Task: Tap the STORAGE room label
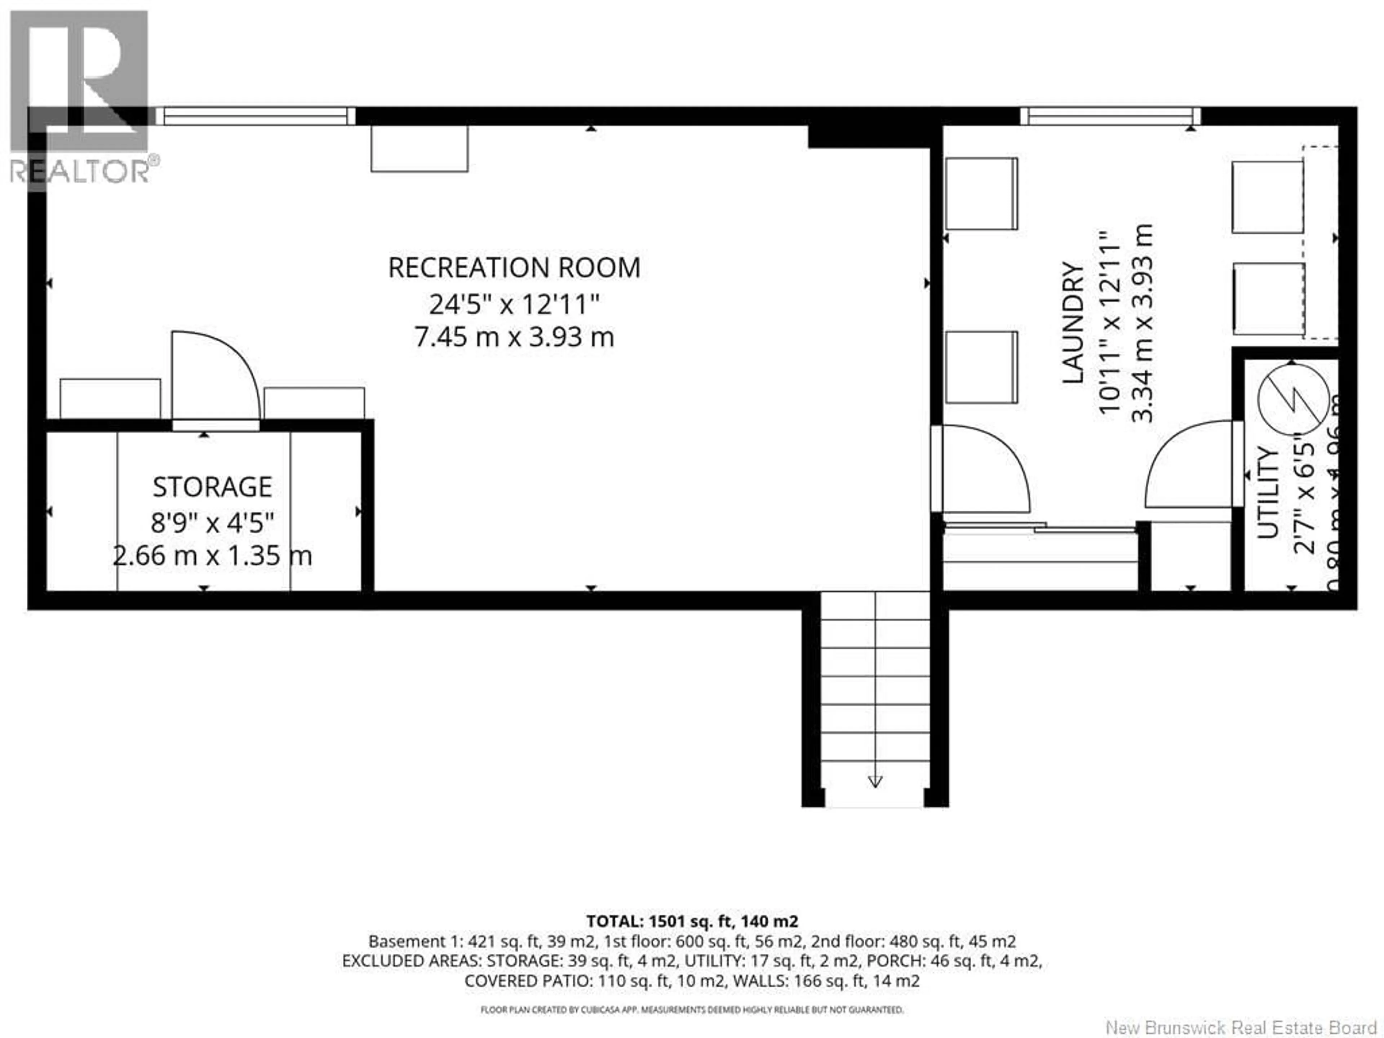pyautogui.click(x=212, y=487)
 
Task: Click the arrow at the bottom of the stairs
pyautogui.click(x=875, y=781)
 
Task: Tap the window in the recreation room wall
pyautogui.click(x=255, y=116)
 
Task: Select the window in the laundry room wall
pyautogui.click(x=1110, y=116)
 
